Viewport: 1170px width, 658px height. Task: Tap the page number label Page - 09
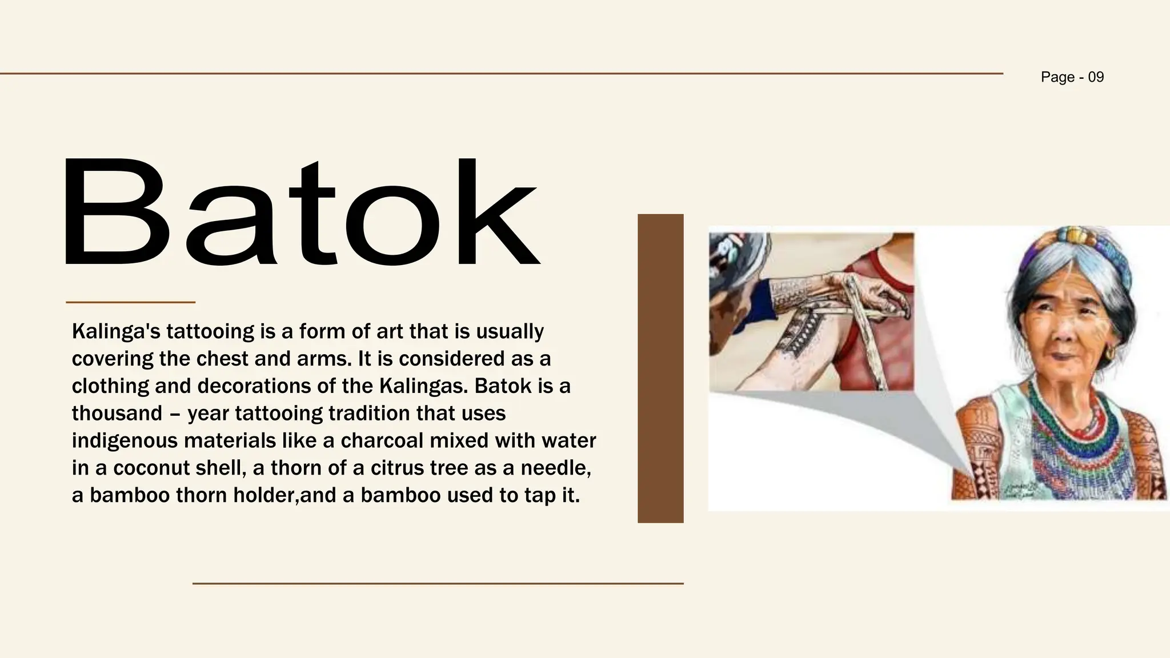pyautogui.click(x=1072, y=77)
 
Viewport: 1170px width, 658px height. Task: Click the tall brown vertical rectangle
pyautogui.click(x=660, y=368)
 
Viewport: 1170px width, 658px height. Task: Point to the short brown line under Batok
pyautogui.click(x=130, y=302)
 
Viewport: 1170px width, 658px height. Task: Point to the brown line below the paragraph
pyautogui.click(x=438, y=583)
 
